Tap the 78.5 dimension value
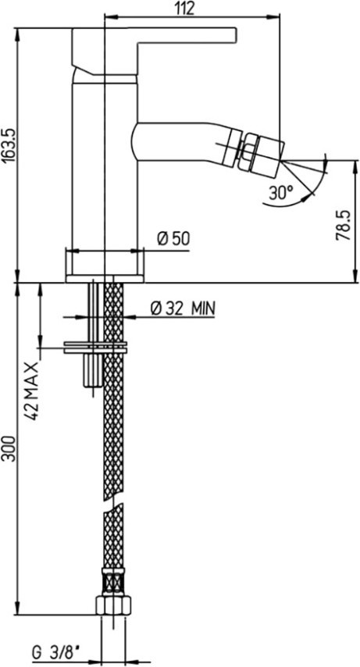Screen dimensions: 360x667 click(343, 225)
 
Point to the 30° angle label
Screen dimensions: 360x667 click(281, 193)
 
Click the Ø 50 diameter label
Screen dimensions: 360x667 click(173, 239)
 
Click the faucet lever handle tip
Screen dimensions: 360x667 click(235, 35)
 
